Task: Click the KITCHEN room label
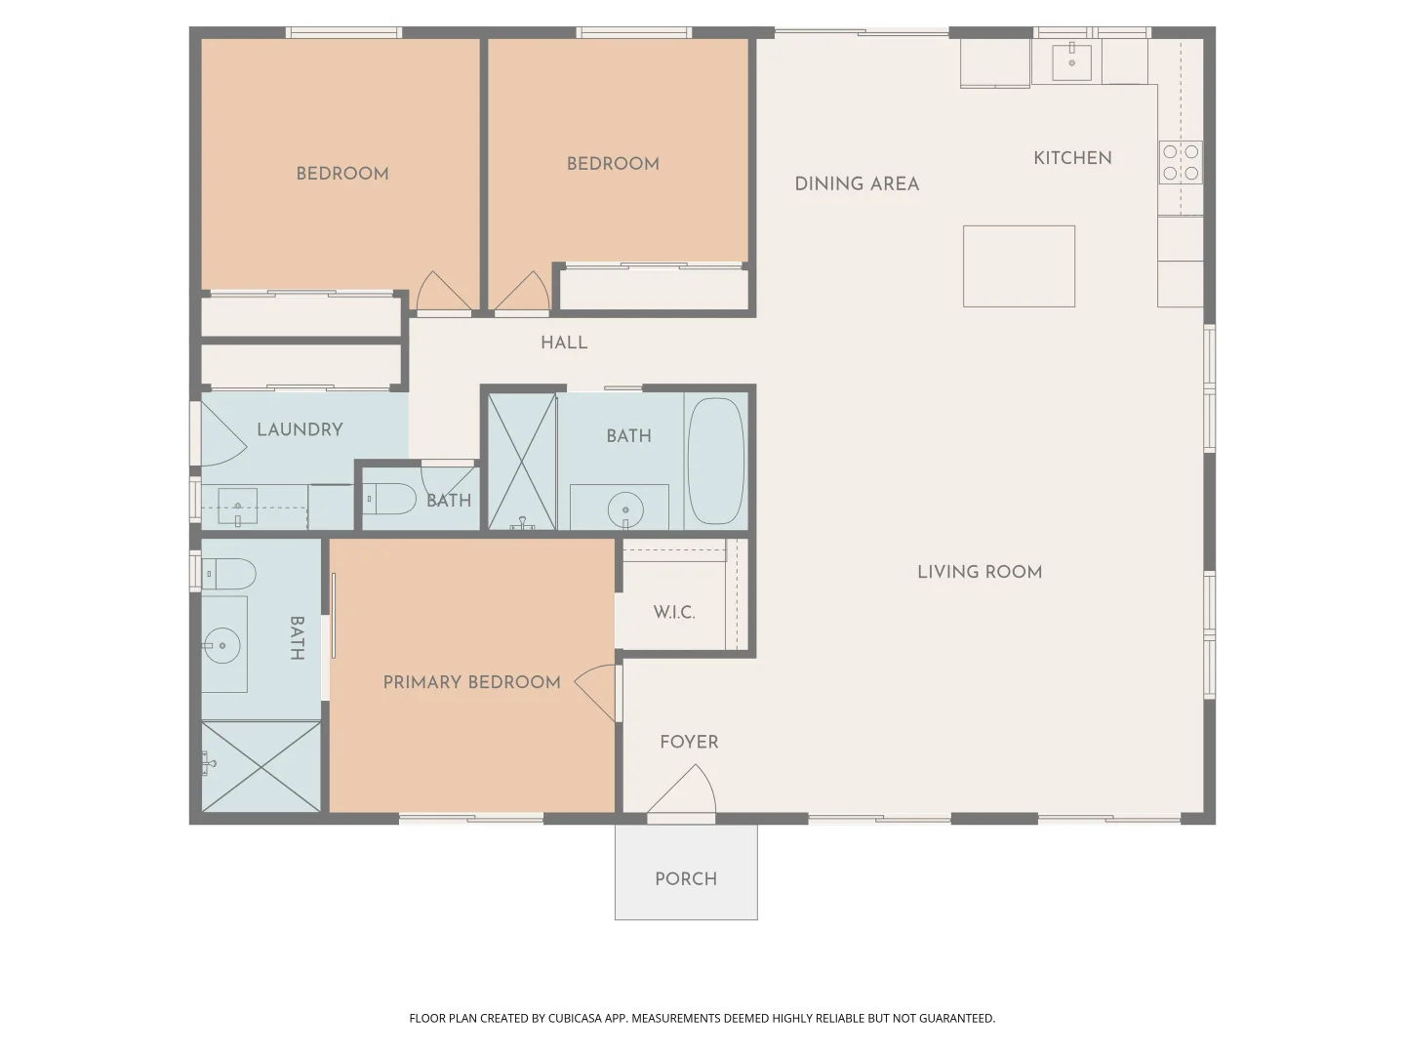1072,158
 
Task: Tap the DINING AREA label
857,183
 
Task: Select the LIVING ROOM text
980,572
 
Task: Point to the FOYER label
689,742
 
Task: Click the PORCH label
686,878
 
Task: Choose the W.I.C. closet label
674,613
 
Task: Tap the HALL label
564,343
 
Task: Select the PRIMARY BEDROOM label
471,682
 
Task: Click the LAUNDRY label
300,429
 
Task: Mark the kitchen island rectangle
1019,266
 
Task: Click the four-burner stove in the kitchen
1181,162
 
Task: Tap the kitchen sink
1071,61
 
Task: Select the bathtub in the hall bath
715,461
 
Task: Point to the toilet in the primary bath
229,574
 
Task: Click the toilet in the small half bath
393,500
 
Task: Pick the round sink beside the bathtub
624,508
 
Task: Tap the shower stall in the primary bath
261,766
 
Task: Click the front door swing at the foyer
690,790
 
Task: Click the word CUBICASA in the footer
574,1018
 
